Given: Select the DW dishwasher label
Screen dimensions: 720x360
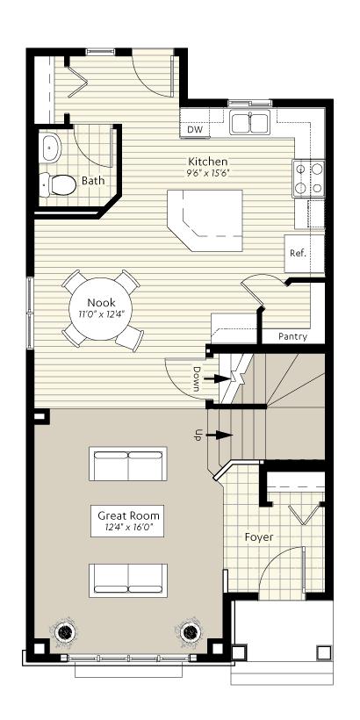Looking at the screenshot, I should point(196,130).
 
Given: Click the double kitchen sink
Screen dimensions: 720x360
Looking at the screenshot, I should point(250,123).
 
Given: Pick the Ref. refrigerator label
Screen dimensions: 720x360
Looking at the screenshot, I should point(297,253).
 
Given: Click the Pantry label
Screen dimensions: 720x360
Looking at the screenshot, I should point(292,335).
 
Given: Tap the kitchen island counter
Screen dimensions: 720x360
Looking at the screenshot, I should point(204,220).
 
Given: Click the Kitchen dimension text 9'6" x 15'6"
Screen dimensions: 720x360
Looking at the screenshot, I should point(208,174).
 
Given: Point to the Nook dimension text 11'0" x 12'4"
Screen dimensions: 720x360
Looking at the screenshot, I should point(101,313).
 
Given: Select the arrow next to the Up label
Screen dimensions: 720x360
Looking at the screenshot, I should point(222,434).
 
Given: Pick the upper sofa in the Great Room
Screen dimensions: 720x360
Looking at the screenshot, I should point(129,464).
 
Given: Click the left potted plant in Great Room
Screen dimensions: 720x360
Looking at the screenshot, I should point(65,631).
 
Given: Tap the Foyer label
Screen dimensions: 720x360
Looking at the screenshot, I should point(259,536).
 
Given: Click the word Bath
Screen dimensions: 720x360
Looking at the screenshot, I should point(92,181).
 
